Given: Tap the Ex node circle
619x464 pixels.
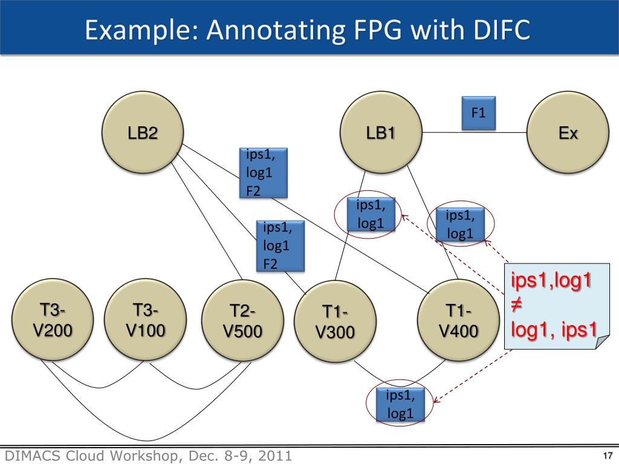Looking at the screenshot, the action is pos(568,132).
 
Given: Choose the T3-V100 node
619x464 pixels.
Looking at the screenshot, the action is pos(145,321).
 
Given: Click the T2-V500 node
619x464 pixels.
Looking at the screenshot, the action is pos(242,321).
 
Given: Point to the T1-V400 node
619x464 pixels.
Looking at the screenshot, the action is pos(458,321).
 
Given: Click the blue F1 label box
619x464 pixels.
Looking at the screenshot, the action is pos(479,113).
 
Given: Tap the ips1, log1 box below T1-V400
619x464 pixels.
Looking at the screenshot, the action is pos(400,404).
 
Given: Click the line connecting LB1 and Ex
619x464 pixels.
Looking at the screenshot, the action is pos(475,132).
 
